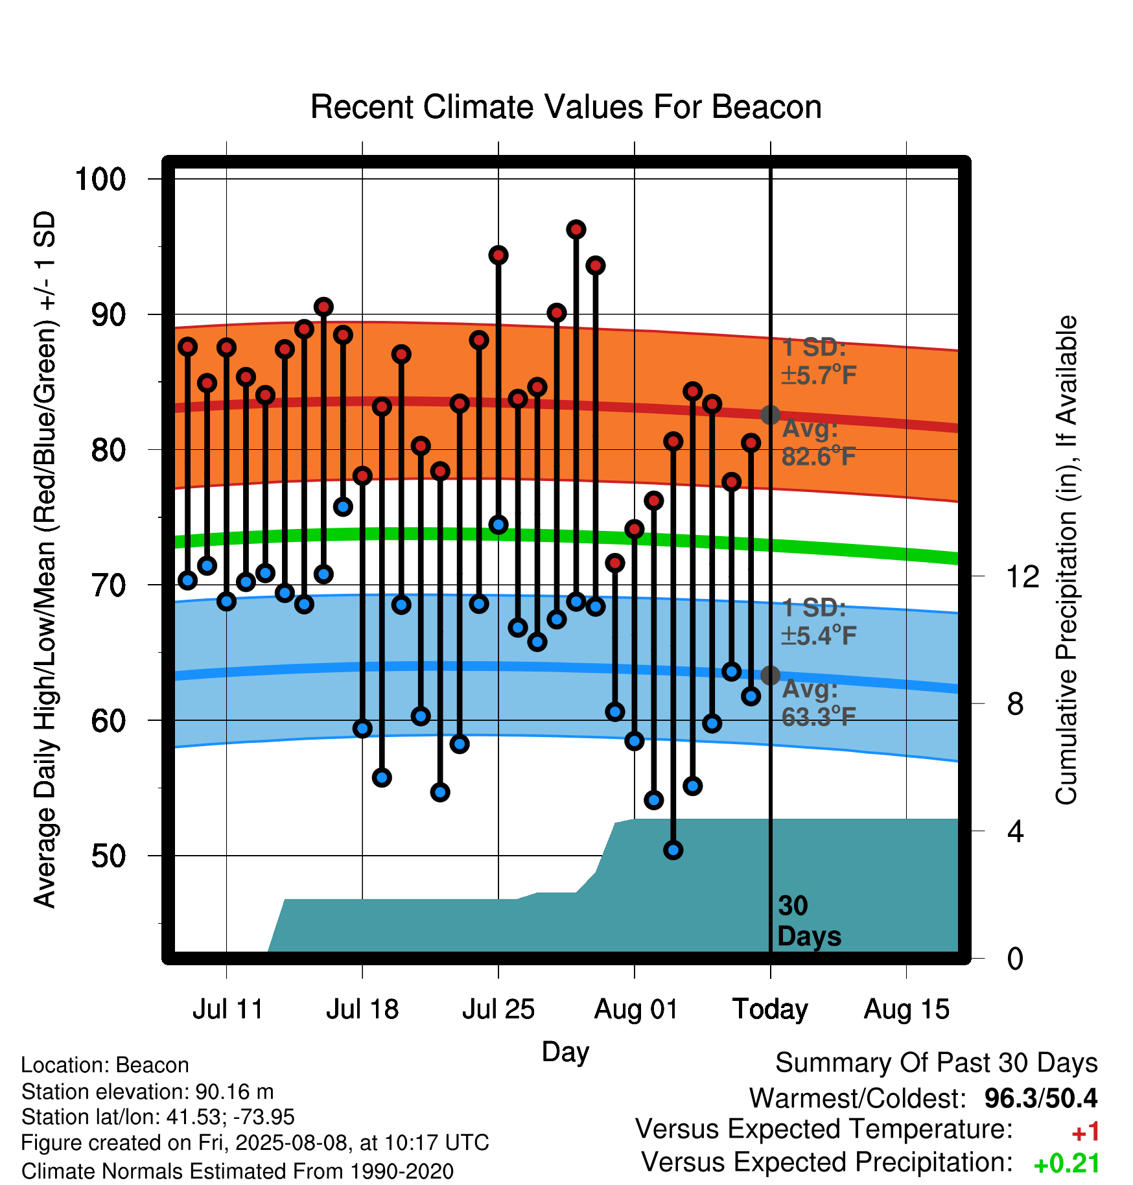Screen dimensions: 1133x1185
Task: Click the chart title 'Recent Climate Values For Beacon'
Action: (x=566, y=107)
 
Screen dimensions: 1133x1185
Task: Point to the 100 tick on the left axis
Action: (x=100, y=179)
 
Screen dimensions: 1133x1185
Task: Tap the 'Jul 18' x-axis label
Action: (x=362, y=1009)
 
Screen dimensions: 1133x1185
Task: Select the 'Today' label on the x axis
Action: (x=770, y=1010)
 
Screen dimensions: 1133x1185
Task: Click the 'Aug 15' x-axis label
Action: (x=906, y=1010)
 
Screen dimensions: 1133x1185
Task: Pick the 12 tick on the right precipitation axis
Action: (x=1023, y=576)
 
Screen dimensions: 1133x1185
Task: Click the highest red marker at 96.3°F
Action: (x=576, y=229)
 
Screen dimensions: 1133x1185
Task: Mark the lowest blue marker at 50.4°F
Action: (x=673, y=850)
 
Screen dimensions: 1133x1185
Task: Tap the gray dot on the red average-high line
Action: (x=770, y=415)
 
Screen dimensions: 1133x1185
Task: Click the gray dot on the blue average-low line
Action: (x=770, y=675)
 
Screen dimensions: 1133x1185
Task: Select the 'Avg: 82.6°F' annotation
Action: (x=819, y=443)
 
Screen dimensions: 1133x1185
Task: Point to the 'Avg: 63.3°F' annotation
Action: (x=819, y=703)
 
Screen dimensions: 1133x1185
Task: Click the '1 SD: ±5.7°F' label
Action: (x=819, y=361)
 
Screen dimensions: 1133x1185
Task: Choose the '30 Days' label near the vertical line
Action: (x=809, y=921)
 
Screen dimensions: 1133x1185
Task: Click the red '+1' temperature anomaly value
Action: (x=1085, y=1132)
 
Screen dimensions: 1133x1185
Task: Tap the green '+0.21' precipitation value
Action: (x=1067, y=1164)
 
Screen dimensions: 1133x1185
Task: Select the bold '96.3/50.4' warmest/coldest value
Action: (x=1041, y=1098)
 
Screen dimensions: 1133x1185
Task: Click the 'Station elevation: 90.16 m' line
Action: (x=148, y=1092)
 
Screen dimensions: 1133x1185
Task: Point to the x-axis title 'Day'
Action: (x=565, y=1051)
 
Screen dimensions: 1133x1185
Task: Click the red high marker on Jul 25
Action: (x=498, y=255)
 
